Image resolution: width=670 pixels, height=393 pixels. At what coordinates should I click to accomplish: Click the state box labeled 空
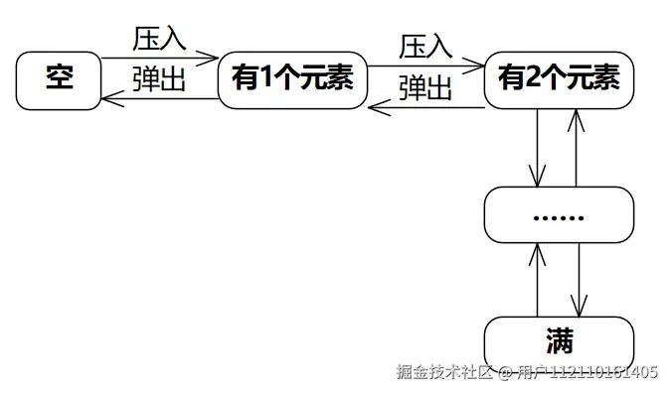pos(60,78)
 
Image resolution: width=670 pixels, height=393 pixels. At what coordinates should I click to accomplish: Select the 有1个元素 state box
pos(291,78)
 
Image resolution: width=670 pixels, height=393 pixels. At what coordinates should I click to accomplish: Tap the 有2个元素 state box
pos(559,78)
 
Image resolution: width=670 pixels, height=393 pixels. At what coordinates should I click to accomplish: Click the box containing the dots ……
pos(559,215)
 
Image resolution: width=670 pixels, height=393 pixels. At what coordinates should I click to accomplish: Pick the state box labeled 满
pos(559,341)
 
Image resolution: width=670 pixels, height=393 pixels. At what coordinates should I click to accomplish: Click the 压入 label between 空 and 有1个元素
pos(159,40)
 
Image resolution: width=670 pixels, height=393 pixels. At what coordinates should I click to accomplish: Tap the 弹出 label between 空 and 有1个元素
pos(159,79)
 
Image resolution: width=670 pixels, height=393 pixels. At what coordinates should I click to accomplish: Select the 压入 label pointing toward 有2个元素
pos(425,46)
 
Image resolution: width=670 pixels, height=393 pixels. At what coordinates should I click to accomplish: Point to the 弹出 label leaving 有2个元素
pos(425,87)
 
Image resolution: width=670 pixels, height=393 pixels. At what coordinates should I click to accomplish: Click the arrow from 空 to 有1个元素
pos(159,59)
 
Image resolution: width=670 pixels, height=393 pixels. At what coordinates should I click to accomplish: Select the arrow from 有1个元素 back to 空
pos(159,97)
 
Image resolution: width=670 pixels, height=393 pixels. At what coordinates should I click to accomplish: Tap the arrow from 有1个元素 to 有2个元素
pos(425,65)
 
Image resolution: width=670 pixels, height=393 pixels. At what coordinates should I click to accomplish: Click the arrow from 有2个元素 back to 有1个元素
pos(425,105)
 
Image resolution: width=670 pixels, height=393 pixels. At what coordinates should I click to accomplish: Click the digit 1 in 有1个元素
pos(265,78)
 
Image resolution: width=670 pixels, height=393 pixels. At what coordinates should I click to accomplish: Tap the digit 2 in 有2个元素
pos(531,78)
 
